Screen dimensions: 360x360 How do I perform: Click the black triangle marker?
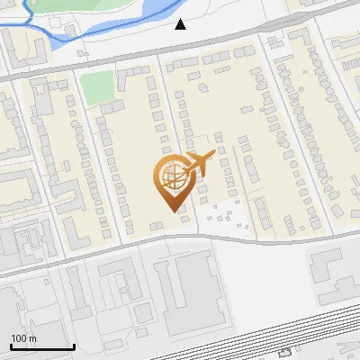(181, 24)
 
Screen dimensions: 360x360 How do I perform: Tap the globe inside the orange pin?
(171, 177)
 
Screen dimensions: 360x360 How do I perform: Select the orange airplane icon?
(199, 165)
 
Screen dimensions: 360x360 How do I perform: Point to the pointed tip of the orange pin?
(171, 210)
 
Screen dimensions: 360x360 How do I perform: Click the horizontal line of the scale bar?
(42, 346)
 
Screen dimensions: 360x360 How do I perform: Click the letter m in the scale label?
(33, 338)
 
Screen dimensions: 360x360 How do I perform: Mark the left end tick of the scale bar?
(11, 345)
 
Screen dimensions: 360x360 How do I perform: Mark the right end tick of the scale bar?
(74, 345)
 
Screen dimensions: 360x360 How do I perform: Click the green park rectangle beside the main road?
(98, 85)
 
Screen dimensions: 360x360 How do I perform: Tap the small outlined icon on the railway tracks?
(285, 353)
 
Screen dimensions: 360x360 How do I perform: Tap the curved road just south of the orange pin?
(180, 236)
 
